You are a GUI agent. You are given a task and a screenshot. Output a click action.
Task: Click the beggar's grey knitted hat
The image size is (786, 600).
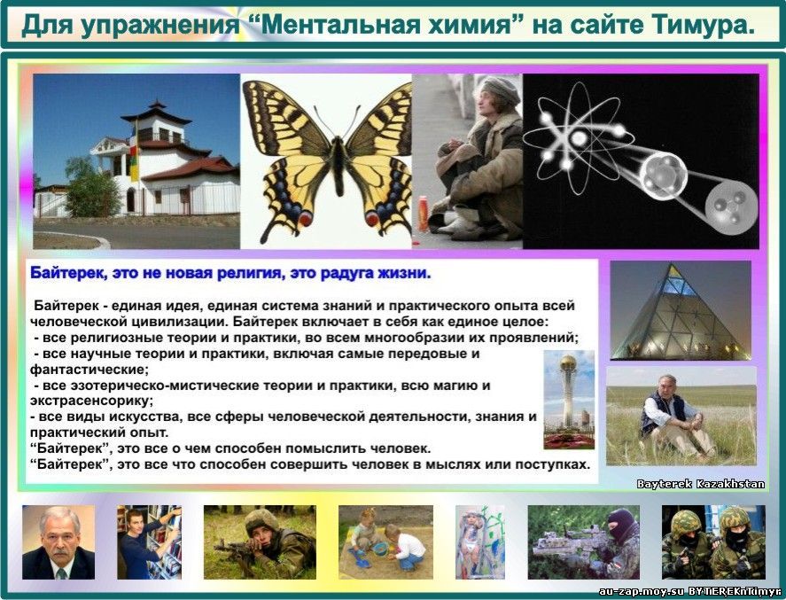click(502, 90)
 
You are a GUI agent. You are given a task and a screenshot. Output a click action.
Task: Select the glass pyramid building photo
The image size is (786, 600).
click(681, 310)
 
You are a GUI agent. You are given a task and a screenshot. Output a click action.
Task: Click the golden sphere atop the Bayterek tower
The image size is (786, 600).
click(568, 362)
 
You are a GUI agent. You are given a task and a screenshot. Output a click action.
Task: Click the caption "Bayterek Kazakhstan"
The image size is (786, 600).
click(701, 484)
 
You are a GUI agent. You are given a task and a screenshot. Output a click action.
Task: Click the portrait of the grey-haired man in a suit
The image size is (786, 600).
click(58, 542)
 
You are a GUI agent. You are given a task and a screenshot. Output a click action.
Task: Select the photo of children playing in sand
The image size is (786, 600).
click(386, 542)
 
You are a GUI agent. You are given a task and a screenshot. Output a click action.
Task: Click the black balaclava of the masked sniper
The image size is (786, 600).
click(622, 525)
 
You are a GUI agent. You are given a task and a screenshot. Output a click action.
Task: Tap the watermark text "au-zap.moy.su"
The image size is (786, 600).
click(642, 591)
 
